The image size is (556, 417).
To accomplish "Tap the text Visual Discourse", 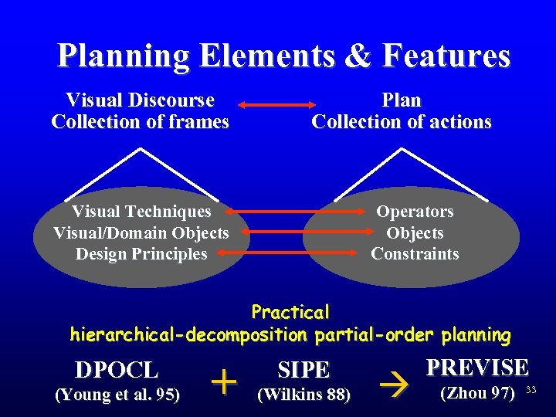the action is coord(141,100).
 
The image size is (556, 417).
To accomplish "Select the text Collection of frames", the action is coord(141,122).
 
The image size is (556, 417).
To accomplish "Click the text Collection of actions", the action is coord(402,122).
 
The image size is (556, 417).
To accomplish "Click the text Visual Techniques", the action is coord(141,212).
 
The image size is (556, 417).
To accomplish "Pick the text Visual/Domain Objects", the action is coord(141,232).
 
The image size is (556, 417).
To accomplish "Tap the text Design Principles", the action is coord(141,254).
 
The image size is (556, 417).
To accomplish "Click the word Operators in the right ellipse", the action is coord(415,212).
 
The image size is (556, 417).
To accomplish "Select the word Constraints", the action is coord(415,254).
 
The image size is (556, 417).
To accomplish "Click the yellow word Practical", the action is coord(290,313).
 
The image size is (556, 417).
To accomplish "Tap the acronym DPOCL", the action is coord(117,370).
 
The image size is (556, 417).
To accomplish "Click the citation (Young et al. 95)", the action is coord(117,395).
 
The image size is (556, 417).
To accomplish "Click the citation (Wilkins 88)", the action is coord(303,395).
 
